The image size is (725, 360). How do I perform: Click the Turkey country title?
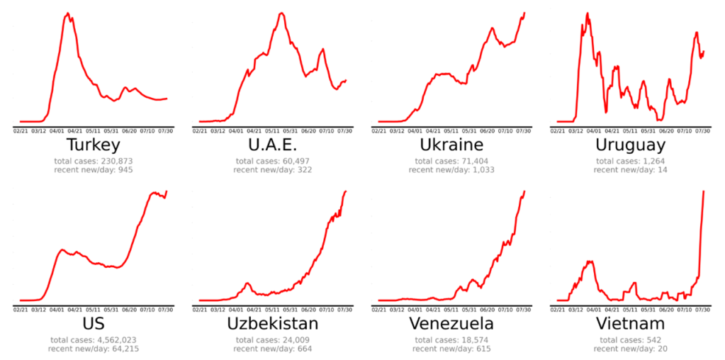pyautogui.click(x=93, y=145)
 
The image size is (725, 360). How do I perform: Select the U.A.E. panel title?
pyautogui.click(x=272, y=145)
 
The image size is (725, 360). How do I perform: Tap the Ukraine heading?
pyautogui.click(x=451, y=145)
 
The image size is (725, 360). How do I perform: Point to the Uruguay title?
pyautogui.click(x=630, y=145)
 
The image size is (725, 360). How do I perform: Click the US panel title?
pyautogui.click(x=93, y=324)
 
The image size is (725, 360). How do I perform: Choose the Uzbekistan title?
pyautogui.click(x=272, y=324)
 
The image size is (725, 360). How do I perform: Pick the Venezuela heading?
pyautogui.click(x=451, y=324)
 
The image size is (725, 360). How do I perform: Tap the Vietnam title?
pyautogui.click(x=630, y=324)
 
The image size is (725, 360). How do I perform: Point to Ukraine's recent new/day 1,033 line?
pyautogui.click(x=451, y=170)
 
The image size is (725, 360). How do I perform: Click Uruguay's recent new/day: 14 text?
pyautogui.click(x=630, y=170)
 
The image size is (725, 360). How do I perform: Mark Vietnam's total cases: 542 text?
pyautogui.click(x=630, y=339)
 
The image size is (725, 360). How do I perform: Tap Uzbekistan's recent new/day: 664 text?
pyautogui.click(x=272, y=349)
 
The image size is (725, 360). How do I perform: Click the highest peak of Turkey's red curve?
pyautogui.click(x=67, y=13)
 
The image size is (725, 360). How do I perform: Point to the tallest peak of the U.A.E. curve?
pyautogui.click(x=281, y=13)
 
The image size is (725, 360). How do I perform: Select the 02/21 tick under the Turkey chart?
pyautogui.click(x=21, y=130)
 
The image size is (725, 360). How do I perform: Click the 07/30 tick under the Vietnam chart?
pyautogui.click(x=703, y=309)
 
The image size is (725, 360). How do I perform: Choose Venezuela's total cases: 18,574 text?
pyautogui.click(x=451, y=339)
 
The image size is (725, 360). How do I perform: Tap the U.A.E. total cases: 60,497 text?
pyautogui.click(x=272, y=161)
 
